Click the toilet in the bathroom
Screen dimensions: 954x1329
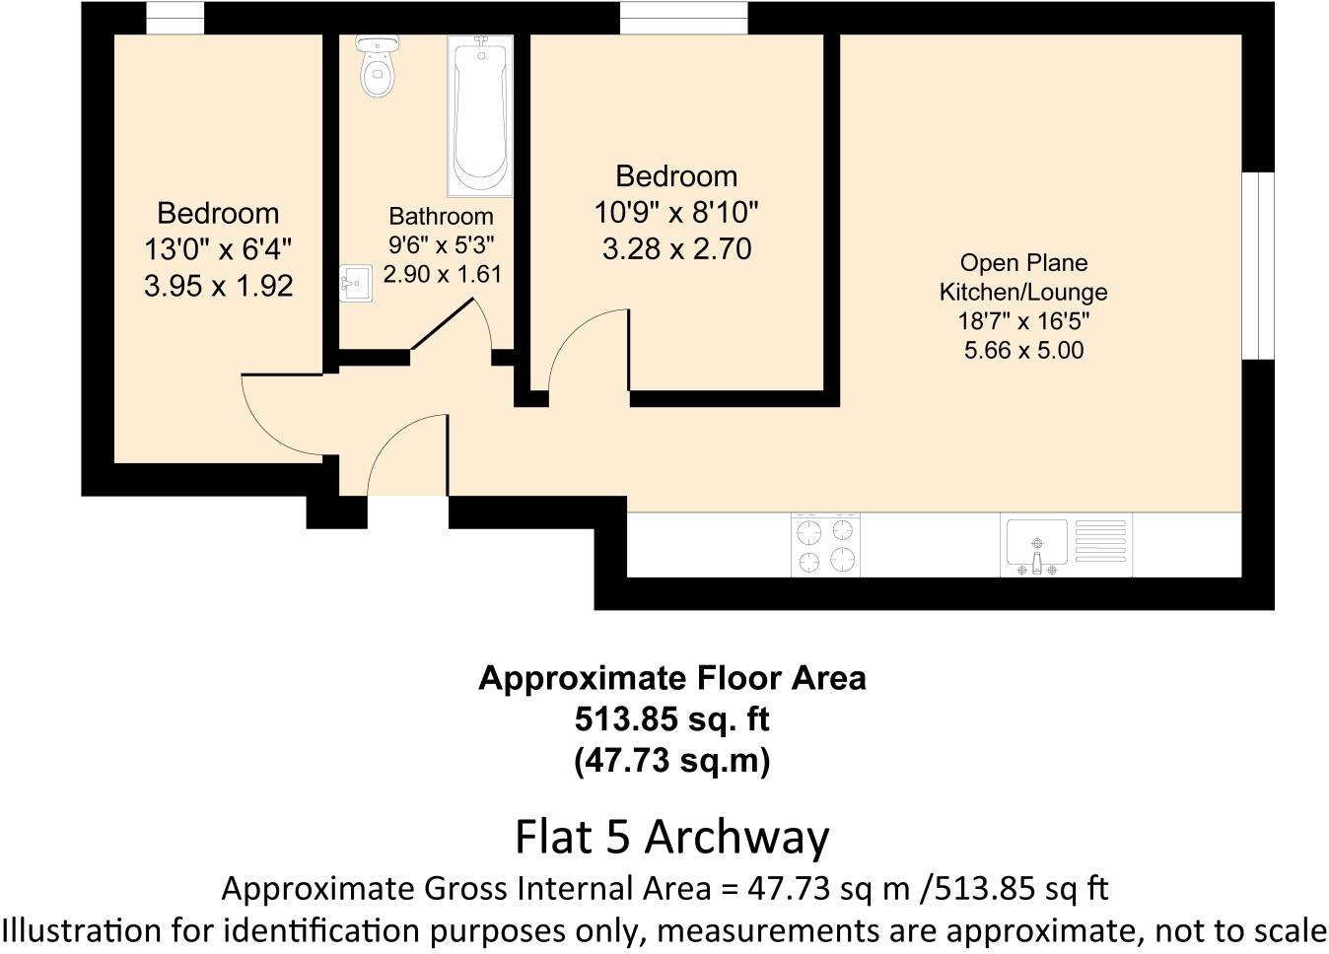point(376,67)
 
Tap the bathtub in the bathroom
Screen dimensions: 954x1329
point(481,115)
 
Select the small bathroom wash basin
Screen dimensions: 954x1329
point(356,284)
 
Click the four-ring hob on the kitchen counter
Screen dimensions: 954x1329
point(825,545)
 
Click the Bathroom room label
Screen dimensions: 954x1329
point(441,217)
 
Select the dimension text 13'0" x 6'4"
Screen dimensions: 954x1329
point(218,249)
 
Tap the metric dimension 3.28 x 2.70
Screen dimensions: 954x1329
point(676,248)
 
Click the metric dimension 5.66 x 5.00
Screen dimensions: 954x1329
point(1023,350)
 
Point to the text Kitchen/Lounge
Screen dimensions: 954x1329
point(1023,292)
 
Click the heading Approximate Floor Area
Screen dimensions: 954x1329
point(671,678)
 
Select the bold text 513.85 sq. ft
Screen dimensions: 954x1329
point(671,719)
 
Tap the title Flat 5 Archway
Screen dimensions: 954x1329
point(671,837)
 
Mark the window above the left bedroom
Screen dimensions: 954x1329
point(175,18)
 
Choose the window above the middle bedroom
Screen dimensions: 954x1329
point(683,18)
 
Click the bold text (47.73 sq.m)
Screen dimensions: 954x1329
point(671,761)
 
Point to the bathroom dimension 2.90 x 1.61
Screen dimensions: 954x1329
point(442,274)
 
